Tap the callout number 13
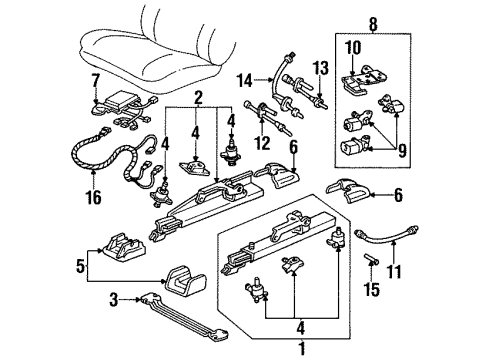pyautogui.click(x=319, y=68)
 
